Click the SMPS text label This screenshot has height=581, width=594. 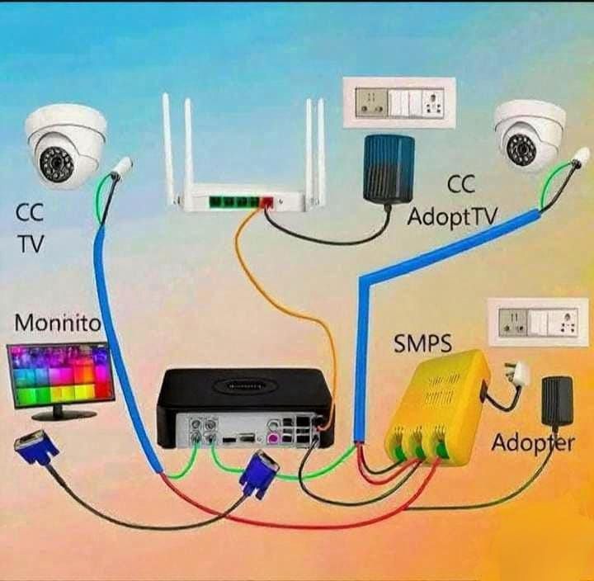coord(422,343)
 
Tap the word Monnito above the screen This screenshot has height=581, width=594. coord(58,324)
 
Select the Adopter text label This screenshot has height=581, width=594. coord(533,442)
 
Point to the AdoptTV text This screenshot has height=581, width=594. coord(451,217)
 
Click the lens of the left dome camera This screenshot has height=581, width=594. coord(57,163)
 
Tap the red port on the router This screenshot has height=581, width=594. coord(268,201)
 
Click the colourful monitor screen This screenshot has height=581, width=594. coord(60,376)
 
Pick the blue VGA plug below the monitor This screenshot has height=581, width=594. coord(35,451)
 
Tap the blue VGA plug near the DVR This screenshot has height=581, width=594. coord(259,474)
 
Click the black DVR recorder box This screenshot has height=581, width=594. coord(246,409)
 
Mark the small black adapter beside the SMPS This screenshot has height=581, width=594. coord(557,401)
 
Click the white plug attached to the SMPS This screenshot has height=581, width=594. coord(517,374)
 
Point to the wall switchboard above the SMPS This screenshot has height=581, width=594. coord(538,323)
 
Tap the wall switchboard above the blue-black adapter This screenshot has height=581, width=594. coord(399,102)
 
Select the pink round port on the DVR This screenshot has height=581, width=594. coord(273,438)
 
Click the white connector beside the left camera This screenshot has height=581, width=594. coord(121,167)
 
